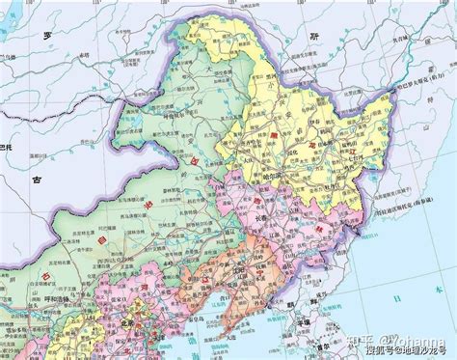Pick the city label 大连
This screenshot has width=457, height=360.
tap(208, 319)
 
